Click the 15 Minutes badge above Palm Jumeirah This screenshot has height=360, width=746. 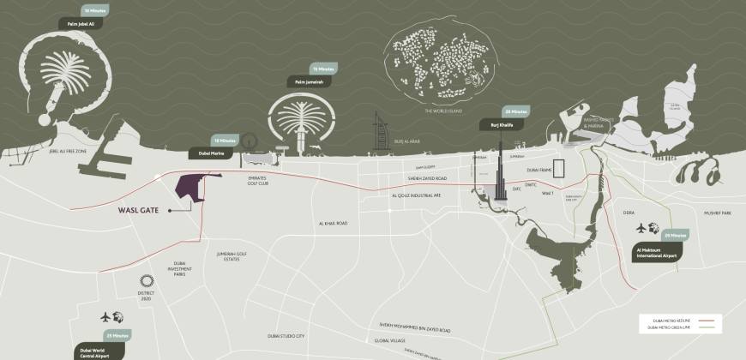click(x=324, y=68)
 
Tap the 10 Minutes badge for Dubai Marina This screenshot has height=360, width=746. click(x=224, y=140)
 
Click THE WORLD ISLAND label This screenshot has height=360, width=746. click(x=444, y=111)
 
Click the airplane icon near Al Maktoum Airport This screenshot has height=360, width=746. click(x=641, y=228)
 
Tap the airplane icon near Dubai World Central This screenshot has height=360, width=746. click(x=106, y=316)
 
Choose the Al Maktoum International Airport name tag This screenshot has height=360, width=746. click(x=656, y=252)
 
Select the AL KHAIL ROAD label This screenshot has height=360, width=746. click(x=332, y=223)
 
